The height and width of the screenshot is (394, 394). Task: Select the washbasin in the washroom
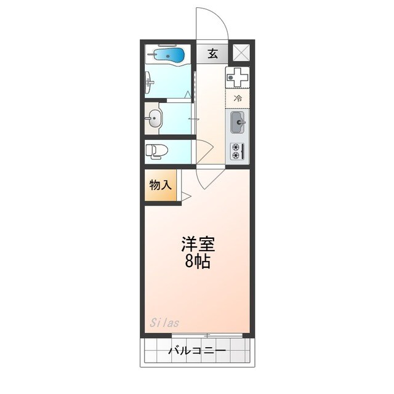pyautogui.click(x=153, y=118)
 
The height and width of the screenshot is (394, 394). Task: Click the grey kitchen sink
pyautogui.click(x=238, y=123)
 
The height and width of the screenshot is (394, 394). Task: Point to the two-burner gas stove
pyautogui.click(x=237, y=151)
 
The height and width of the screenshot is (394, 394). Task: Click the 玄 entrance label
pyautogui.click(x=212, y=54)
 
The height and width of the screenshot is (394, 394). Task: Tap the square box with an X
pyautogui.click(x=240, y=54)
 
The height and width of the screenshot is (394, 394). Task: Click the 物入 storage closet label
pyautogui.click(x=161, y=185)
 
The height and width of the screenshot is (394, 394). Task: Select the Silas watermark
pyautogui.click(x=164, y=322)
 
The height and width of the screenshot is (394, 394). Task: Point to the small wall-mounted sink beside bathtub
pyautogui.click(x=150, y=81)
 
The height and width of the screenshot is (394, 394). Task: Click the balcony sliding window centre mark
pyautogui.click(x=208, y=336)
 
